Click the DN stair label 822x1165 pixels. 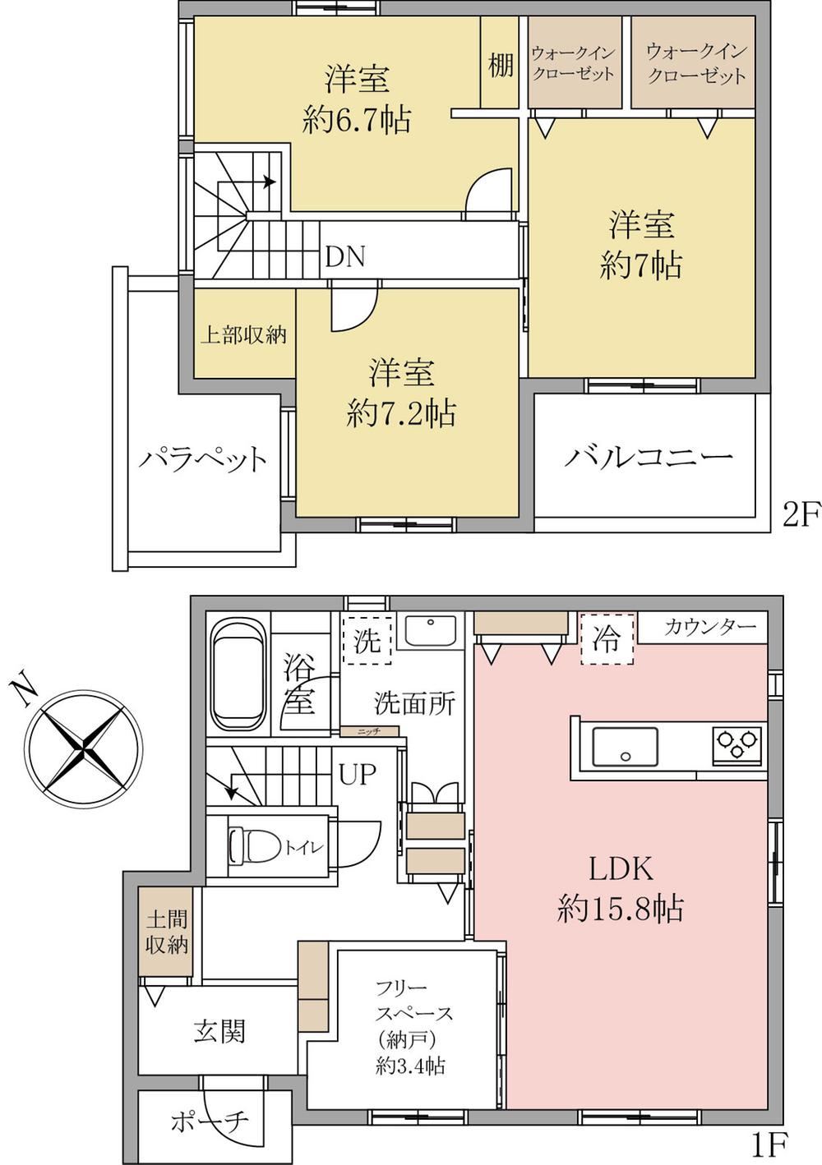(x=345, y=257)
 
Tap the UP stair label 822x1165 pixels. (x=358, y=775)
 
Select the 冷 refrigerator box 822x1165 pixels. (x=607, y=638)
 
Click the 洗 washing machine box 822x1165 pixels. (x=368, y=640)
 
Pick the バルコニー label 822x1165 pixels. (x=648, y=458)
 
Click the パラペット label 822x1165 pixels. (x=203, y=460)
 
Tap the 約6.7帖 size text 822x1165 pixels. (x=357, y=119)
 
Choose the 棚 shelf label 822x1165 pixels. (x=501, y=66)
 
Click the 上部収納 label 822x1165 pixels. (x=243, y=335)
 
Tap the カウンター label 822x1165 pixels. (x=709, y=627)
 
